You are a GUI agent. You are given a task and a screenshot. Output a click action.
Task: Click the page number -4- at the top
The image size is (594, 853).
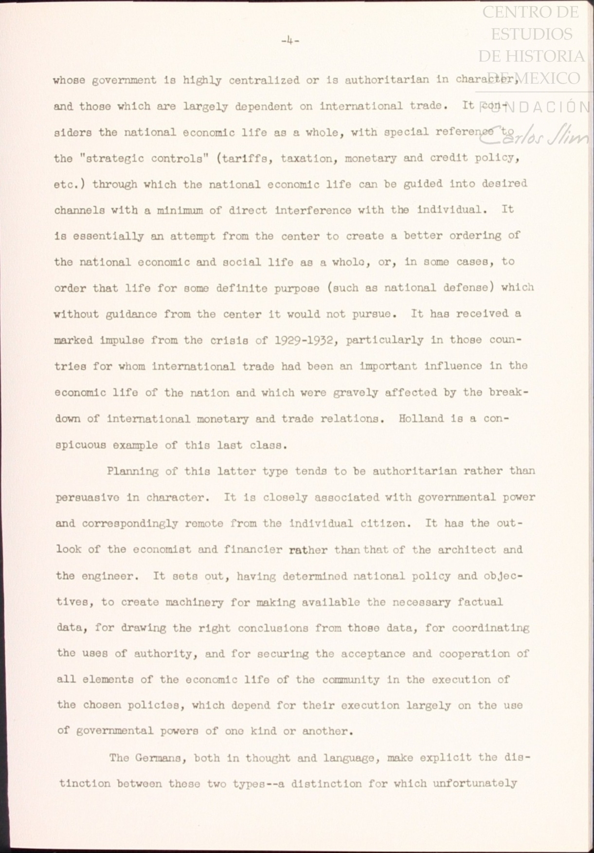coord(290,41)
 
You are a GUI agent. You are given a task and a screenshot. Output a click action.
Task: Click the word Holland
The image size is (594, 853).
coord(414,418)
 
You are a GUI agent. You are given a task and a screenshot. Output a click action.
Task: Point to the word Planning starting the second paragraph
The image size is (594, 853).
coord(132,472)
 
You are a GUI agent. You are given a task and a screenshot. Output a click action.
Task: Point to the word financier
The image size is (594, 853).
coord(253,550)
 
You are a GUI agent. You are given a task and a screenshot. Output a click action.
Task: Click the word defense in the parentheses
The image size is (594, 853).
coord(466,288)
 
